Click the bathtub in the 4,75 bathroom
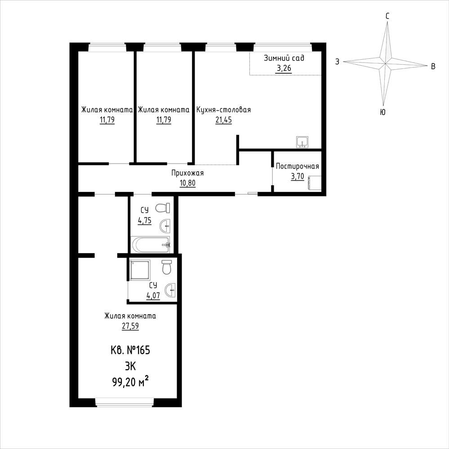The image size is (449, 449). point(150,245)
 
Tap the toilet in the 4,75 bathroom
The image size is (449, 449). point(163,208)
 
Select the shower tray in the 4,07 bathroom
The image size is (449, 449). point(139,270)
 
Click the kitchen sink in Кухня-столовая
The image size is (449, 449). point(302,142)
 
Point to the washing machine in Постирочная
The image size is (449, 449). point(314,182)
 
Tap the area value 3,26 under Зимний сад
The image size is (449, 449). point(284,69)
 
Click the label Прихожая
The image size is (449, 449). point(187,173)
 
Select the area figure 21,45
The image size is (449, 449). point(224,120)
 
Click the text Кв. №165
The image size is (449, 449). point(130,350)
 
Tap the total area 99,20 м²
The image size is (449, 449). point(131,382)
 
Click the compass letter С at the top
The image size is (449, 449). point(387,16)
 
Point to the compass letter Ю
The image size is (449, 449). point(382,112)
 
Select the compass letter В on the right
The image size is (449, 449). point(433,67)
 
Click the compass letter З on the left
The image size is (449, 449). point(338,62)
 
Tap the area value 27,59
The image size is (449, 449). point(130,326)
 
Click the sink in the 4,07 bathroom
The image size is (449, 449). point(170,290)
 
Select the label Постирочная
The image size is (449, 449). point(297,166)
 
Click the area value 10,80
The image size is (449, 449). point(187,183)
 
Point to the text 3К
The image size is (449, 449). point(130,366)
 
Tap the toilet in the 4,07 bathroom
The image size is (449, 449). point(166,267)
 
